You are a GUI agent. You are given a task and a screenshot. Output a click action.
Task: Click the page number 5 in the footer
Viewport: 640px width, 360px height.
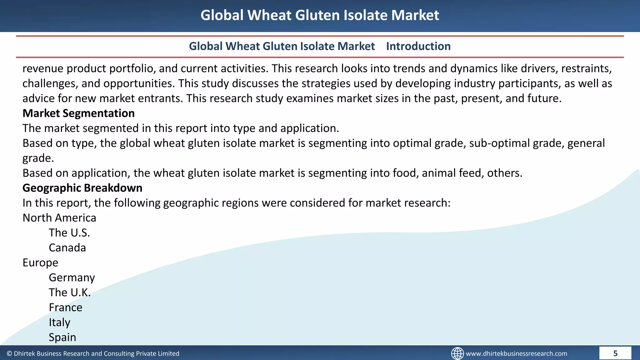click(x=615, y=353)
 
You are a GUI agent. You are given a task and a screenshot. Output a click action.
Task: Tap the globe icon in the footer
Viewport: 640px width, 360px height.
click(x=457, y=353)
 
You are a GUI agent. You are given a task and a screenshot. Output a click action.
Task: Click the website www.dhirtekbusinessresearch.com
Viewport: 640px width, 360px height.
click(x=516, y=353)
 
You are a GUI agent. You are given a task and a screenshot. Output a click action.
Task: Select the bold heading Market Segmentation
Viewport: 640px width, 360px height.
click(x=78, y=113)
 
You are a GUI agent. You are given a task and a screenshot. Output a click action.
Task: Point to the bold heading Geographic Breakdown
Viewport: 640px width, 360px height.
click(x=82, y=188)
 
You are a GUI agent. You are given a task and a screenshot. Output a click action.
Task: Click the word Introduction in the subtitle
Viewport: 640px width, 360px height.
click(x=418, y=46)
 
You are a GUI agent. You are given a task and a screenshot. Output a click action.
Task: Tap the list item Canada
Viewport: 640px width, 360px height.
click(x=67, y=247)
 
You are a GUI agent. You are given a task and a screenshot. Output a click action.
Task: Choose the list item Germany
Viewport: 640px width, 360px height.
click(x=72, y=277)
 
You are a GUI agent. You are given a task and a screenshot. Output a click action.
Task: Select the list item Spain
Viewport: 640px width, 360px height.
click(x=62, y=337)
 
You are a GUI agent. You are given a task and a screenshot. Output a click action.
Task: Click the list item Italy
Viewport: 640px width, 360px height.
click(x=59, y=322)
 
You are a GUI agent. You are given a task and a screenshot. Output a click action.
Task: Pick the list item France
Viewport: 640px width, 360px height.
click(x=65, y=307)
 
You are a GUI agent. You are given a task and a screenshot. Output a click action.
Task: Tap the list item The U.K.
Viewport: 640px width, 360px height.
click(x=69, y=292)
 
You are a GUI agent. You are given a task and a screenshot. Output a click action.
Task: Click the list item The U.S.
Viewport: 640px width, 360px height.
click(x=69, y=233)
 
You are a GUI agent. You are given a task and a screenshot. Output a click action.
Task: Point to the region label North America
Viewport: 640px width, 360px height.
click(x=59, y=218)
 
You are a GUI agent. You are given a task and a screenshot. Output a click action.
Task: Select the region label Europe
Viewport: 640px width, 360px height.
click(x=40, y=262)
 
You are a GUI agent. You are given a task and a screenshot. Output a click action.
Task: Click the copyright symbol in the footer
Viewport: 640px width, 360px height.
click(x=9, y=353)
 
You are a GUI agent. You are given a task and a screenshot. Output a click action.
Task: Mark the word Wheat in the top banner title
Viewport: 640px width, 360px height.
click(x=269, y=15)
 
